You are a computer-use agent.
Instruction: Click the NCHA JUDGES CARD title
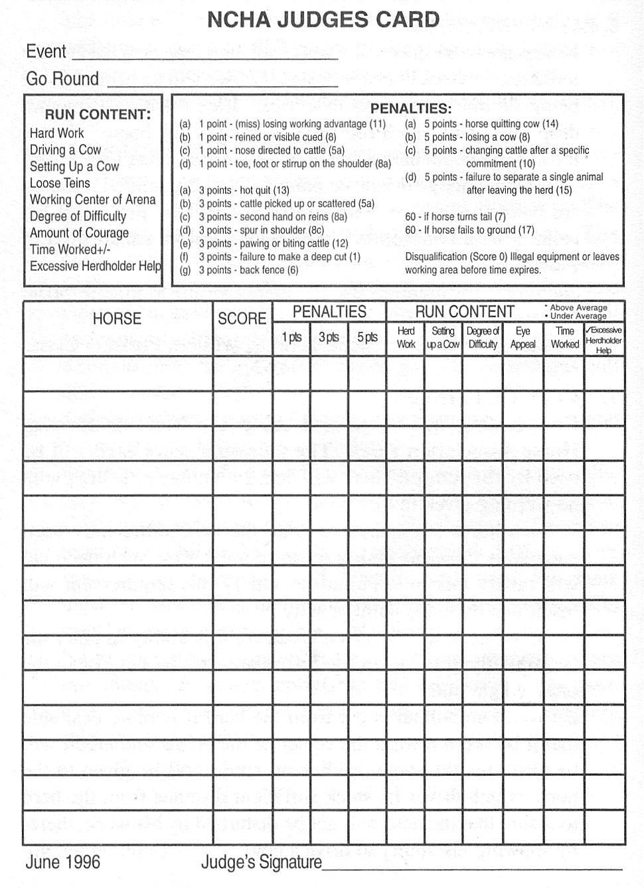[323, 20]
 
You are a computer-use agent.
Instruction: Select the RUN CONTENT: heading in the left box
[98, 114]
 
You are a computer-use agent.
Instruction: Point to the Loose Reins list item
[60, 183]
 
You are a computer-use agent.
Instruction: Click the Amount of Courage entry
[79, 233]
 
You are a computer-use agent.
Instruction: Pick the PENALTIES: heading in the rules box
[410, 108]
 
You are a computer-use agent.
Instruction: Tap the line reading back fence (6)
[248, 270]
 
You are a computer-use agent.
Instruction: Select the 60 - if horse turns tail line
[455, 217]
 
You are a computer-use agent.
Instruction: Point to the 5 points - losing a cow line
[477, 137]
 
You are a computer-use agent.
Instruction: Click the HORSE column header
[117, 319]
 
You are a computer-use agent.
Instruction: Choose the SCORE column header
[242, 319]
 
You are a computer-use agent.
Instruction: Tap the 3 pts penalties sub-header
[329, 337]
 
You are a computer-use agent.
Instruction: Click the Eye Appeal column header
[523, 337]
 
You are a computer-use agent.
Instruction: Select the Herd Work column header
[406, 337]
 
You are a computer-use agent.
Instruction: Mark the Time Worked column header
[564, 337]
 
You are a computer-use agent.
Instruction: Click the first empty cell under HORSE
[118, 374]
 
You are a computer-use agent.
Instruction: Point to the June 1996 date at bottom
[63, 862]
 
